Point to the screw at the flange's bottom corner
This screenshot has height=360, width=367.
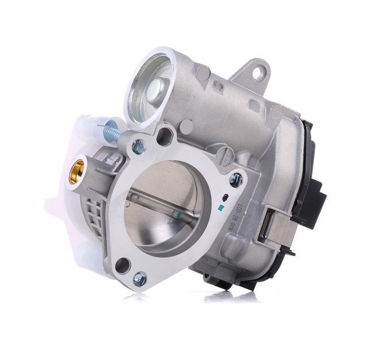coord(139,279)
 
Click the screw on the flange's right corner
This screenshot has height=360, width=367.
coord(236,180)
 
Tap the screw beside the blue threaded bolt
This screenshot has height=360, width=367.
coord(138,148)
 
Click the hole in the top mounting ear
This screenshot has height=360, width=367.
coord(257,72)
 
